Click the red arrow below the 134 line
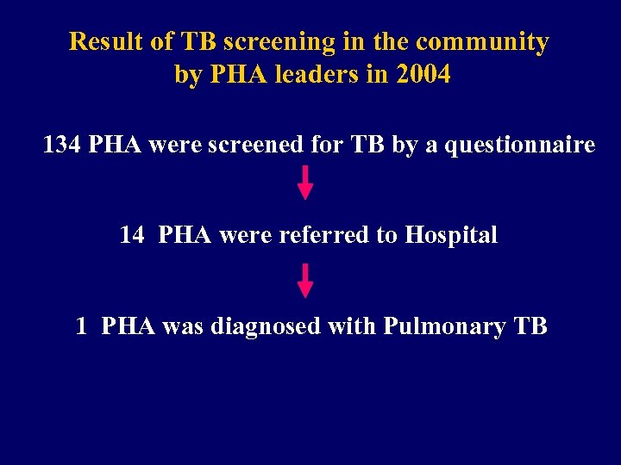304,183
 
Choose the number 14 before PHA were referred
131,235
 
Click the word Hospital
451,235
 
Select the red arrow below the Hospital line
304,280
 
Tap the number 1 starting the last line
81,326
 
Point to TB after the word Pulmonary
530,326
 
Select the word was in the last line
184,326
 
